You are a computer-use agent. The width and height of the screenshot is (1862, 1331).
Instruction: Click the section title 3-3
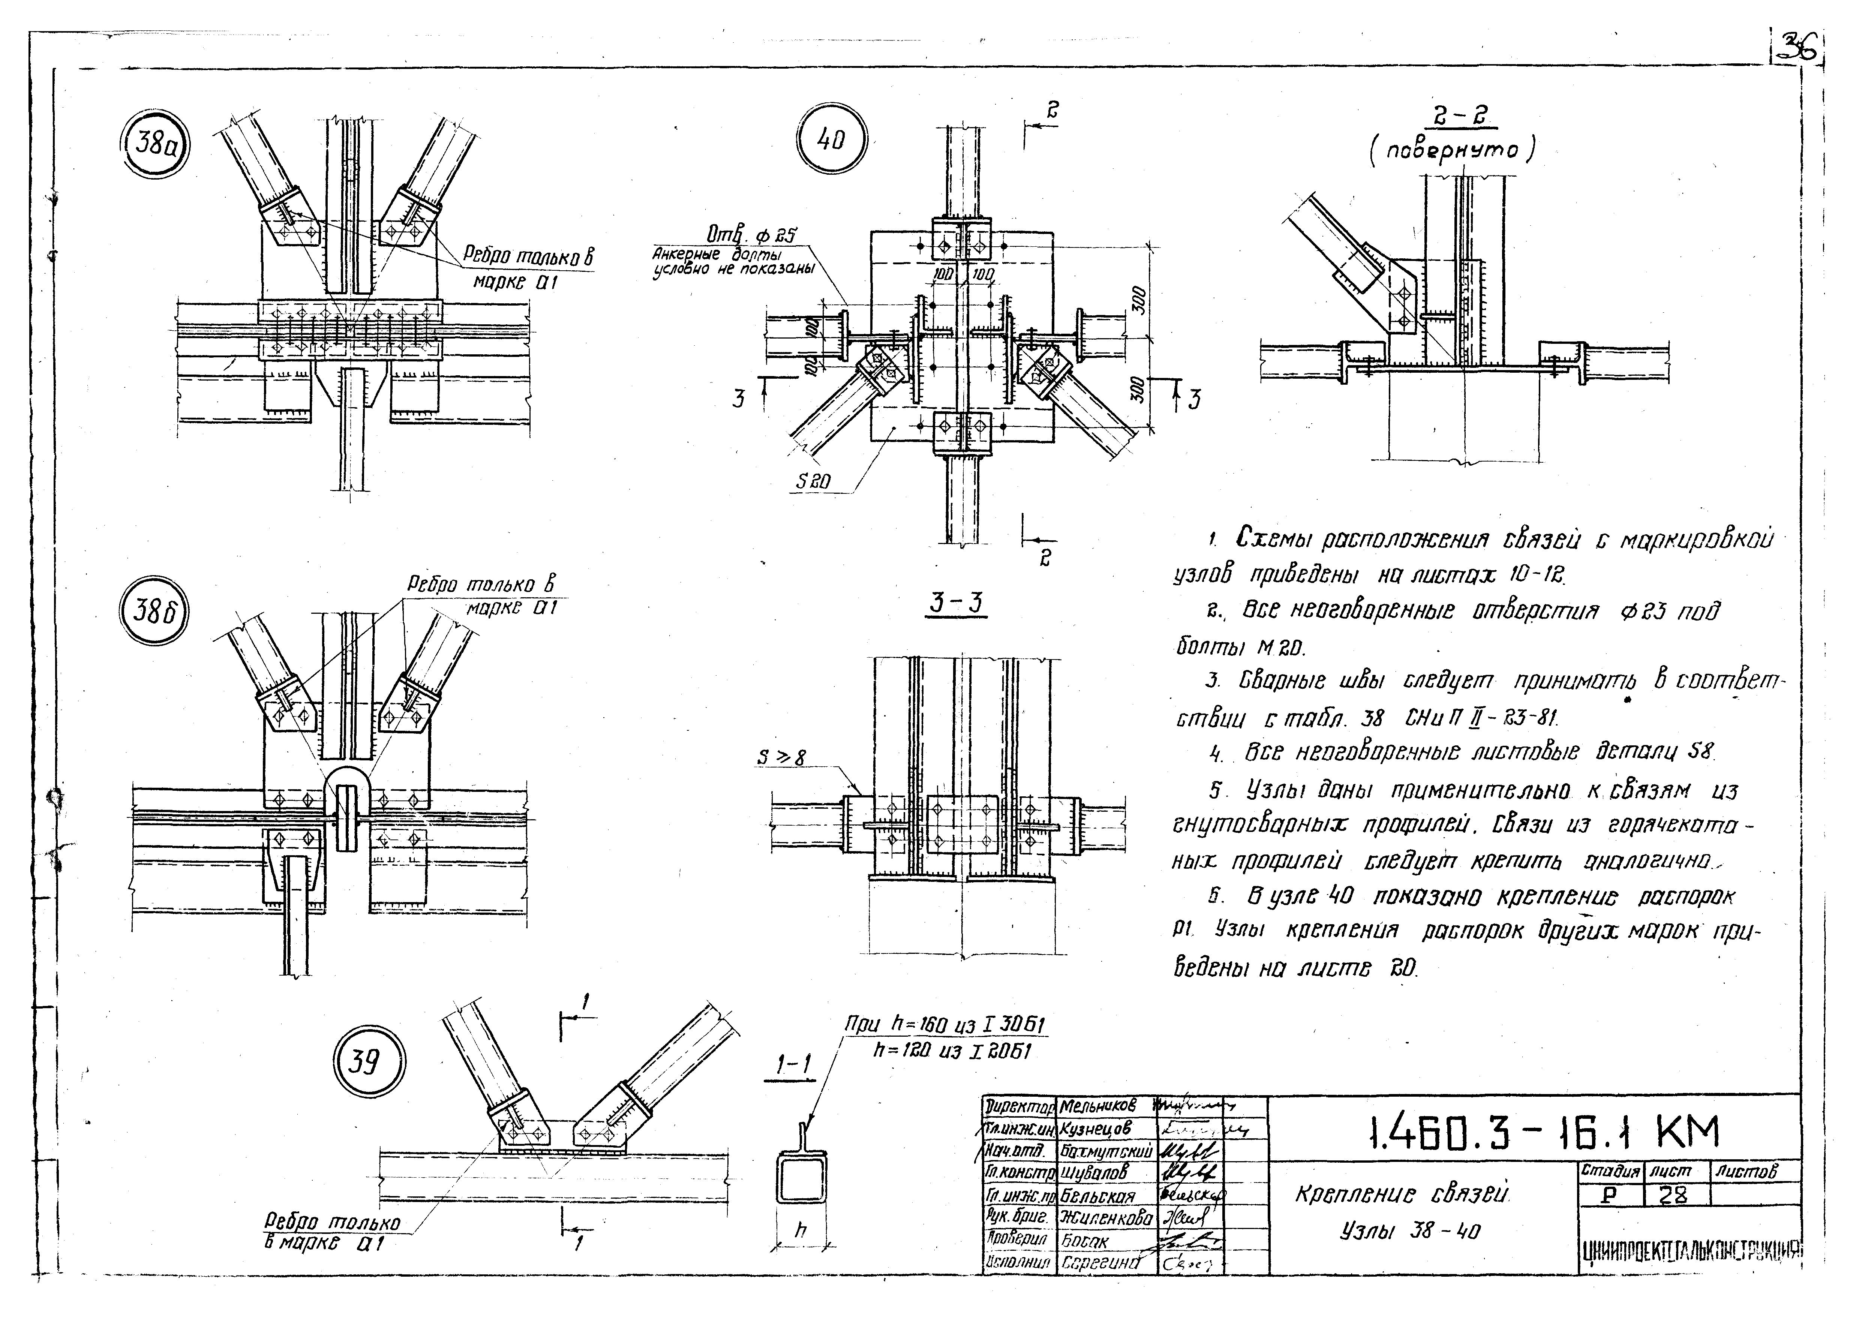(x=955, y=603)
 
